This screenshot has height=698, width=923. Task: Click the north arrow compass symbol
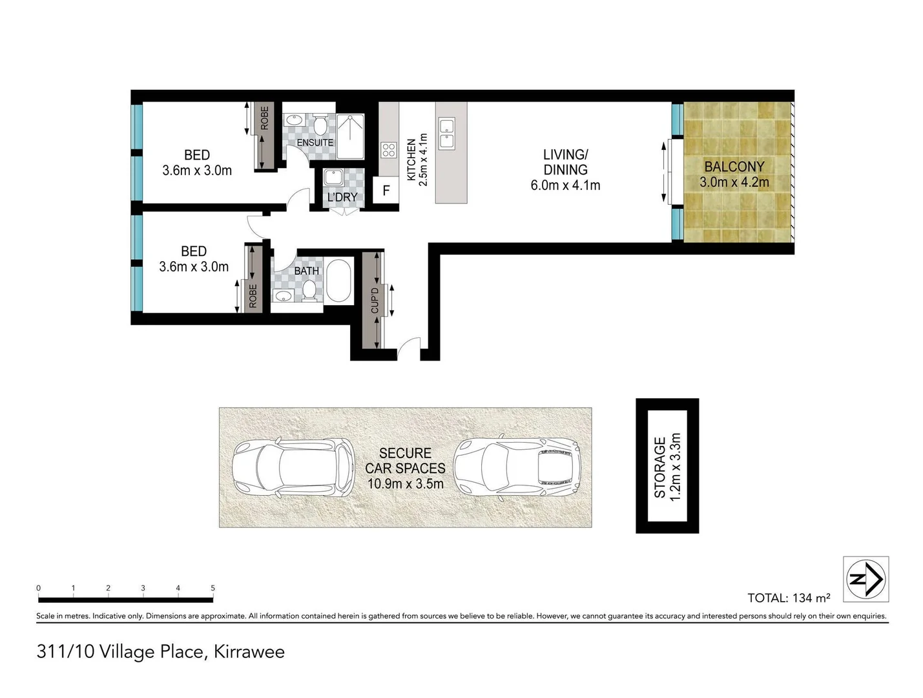tap(866, 578)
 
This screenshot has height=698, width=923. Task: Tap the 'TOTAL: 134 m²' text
tap(788, 598)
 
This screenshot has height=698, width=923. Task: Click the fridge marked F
tap(386, 191)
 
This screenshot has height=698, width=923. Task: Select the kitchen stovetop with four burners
tap(388, 151)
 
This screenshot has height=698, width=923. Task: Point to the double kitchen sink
tap(446, 132)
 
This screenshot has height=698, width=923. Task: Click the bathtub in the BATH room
tap(339, 281)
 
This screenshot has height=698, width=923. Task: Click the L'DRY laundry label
tap(342, 197)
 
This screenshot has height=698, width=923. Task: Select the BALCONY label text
tap(734, 167)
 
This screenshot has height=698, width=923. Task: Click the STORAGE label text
tap(659, 467)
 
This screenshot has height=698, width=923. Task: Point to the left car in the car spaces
tap(293, 468)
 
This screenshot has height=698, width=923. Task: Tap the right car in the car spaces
tap(517, 466)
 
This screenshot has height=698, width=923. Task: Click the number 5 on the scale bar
tap(213, 588)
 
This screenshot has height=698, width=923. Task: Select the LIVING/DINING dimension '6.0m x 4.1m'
tap(565, 185)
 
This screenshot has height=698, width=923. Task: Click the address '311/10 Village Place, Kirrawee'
tap(161, 651)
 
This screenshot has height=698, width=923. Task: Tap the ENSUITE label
tap(315, 143)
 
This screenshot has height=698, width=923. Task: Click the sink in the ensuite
tap(295, 121)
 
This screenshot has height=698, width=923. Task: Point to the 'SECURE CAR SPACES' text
tap(405, 460)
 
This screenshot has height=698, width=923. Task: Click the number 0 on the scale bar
tap(39, 588)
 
